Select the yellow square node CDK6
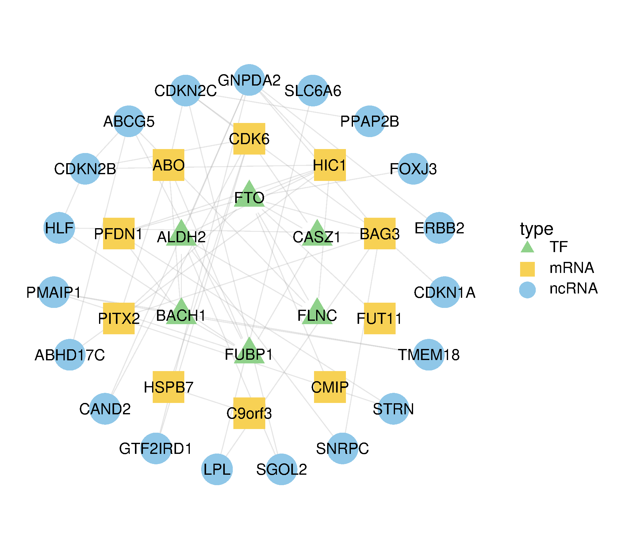249,139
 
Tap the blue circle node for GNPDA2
249,80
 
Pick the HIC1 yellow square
330,165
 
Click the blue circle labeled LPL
217,469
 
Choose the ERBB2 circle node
439,228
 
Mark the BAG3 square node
380,233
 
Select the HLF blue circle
59,228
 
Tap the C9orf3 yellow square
249,413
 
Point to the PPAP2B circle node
370,121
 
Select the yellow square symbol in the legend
527,269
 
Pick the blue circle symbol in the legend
527,290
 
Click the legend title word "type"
536,229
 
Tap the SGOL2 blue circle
282,469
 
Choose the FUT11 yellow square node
380,318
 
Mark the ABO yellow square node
168,165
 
